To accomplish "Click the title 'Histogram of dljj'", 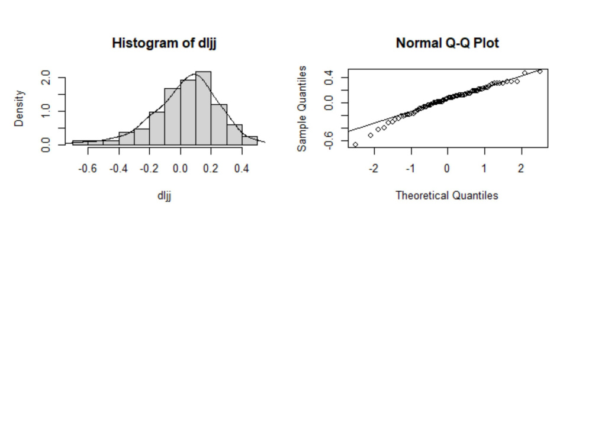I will tap(164, 43).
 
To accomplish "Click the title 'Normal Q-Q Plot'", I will tap(447, 43).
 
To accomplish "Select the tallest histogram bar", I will tap(203, 108).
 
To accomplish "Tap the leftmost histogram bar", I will tap(80, 143).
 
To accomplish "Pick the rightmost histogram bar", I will tap(249, 140).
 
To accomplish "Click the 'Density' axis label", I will tap(20, 108).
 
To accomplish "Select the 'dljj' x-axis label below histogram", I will tap(164, 195).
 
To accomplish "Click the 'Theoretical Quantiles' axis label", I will tap(447, 195).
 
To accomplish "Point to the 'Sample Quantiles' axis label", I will tap(303, 108).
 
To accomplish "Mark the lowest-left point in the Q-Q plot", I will tap(355, 144).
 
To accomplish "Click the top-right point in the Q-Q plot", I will tap(539, 72).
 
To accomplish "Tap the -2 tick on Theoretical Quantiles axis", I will tap(373, 168).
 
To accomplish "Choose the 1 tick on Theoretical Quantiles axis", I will tap(484, 168).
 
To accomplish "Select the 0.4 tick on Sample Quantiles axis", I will tap(330, 76).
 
